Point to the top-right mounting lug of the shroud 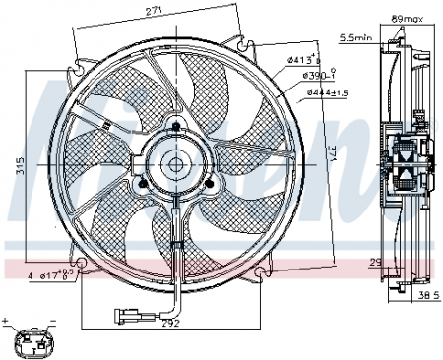(x=237, y=37)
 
